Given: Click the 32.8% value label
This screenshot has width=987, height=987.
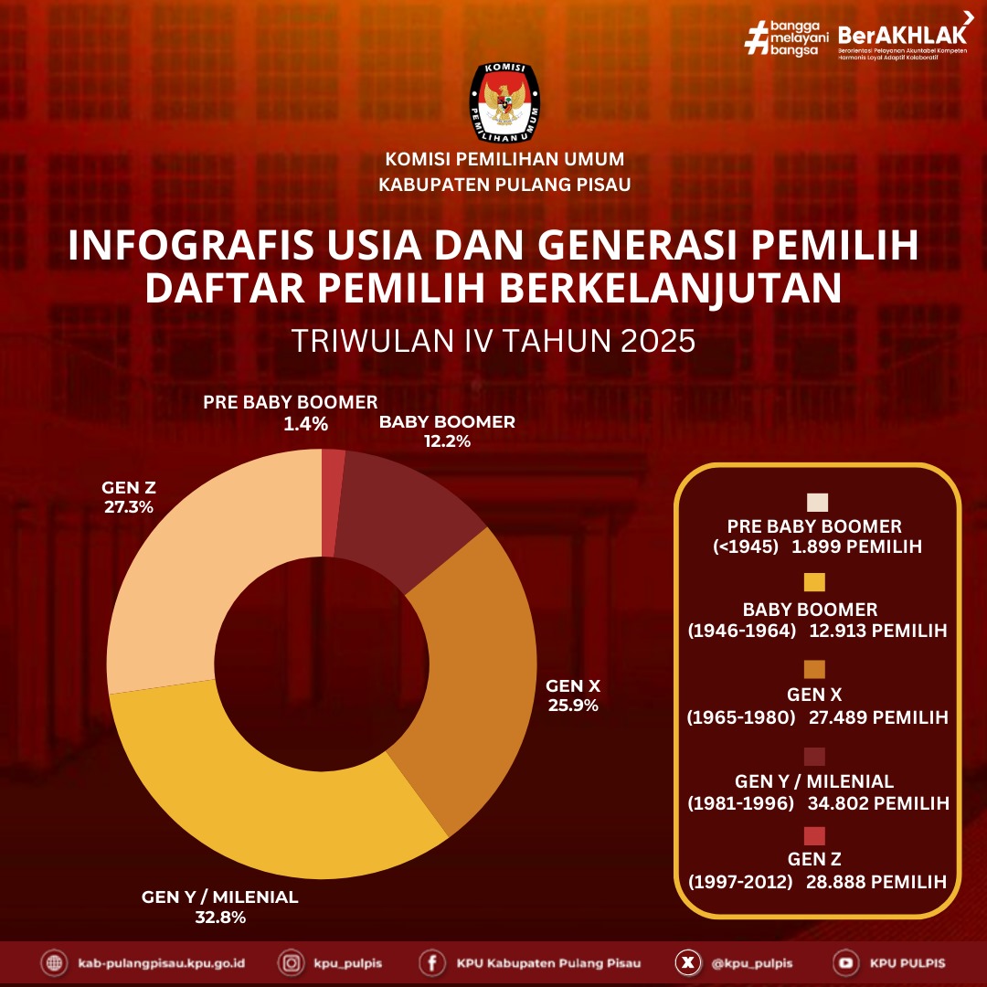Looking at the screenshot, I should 220,918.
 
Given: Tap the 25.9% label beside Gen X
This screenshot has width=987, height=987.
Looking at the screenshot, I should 572,706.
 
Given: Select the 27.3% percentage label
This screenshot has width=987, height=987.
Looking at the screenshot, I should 127,506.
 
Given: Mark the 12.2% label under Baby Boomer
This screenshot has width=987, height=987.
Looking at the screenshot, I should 447,441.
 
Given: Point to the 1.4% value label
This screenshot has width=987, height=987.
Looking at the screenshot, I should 306,423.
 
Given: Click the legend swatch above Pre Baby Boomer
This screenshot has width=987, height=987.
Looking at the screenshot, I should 817,503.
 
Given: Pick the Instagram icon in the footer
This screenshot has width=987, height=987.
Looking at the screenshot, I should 292,962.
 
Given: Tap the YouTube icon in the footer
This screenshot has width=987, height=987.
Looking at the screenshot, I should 846,962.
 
